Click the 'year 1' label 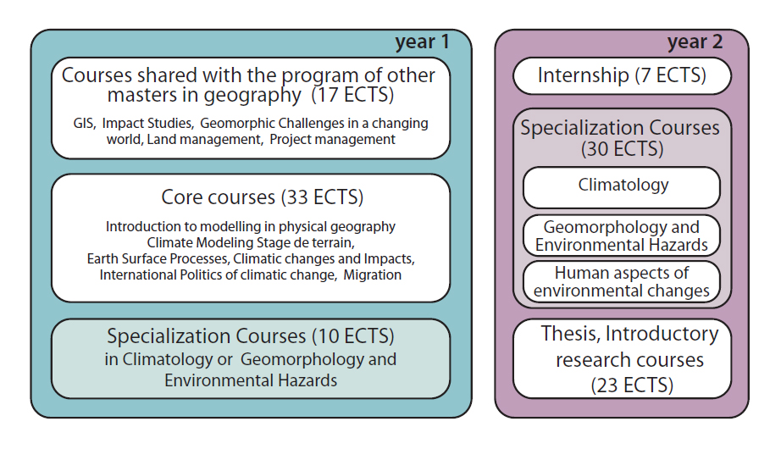point(423,42)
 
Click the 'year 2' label point(695,42)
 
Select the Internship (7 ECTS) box point(622,75)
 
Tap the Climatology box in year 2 point(622,187)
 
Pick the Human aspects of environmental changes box point(622,282)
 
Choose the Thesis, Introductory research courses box point(622,359)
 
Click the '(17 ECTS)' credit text point(352,95)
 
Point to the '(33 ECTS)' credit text point(322,197)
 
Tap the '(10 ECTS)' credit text point(353,336)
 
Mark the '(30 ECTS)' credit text point(622,149)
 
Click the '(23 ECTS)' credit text point(632,385)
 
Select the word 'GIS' point(84,124)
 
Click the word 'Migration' point(372,275)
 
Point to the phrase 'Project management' point(332,140)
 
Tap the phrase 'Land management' point(204,140)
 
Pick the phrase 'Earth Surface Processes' point(158,259)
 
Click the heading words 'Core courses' point(219,197)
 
